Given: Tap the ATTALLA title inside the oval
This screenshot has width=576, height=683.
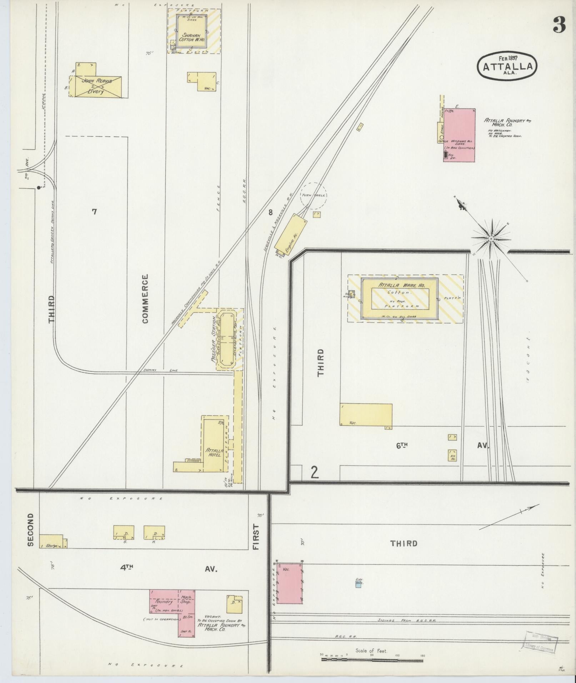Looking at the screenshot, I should click(507, 66).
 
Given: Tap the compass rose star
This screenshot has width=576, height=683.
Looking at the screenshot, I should click(491, 238).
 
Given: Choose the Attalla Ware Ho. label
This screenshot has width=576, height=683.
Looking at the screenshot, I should click(400, 285).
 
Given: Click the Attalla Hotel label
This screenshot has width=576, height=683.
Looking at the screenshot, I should click(214, 452).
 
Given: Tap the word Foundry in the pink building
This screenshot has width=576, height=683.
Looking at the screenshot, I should click(164, 601).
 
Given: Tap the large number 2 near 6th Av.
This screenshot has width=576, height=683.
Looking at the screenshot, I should click(315, 472).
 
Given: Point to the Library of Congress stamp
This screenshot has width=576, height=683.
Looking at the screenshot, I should click(540, 642).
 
